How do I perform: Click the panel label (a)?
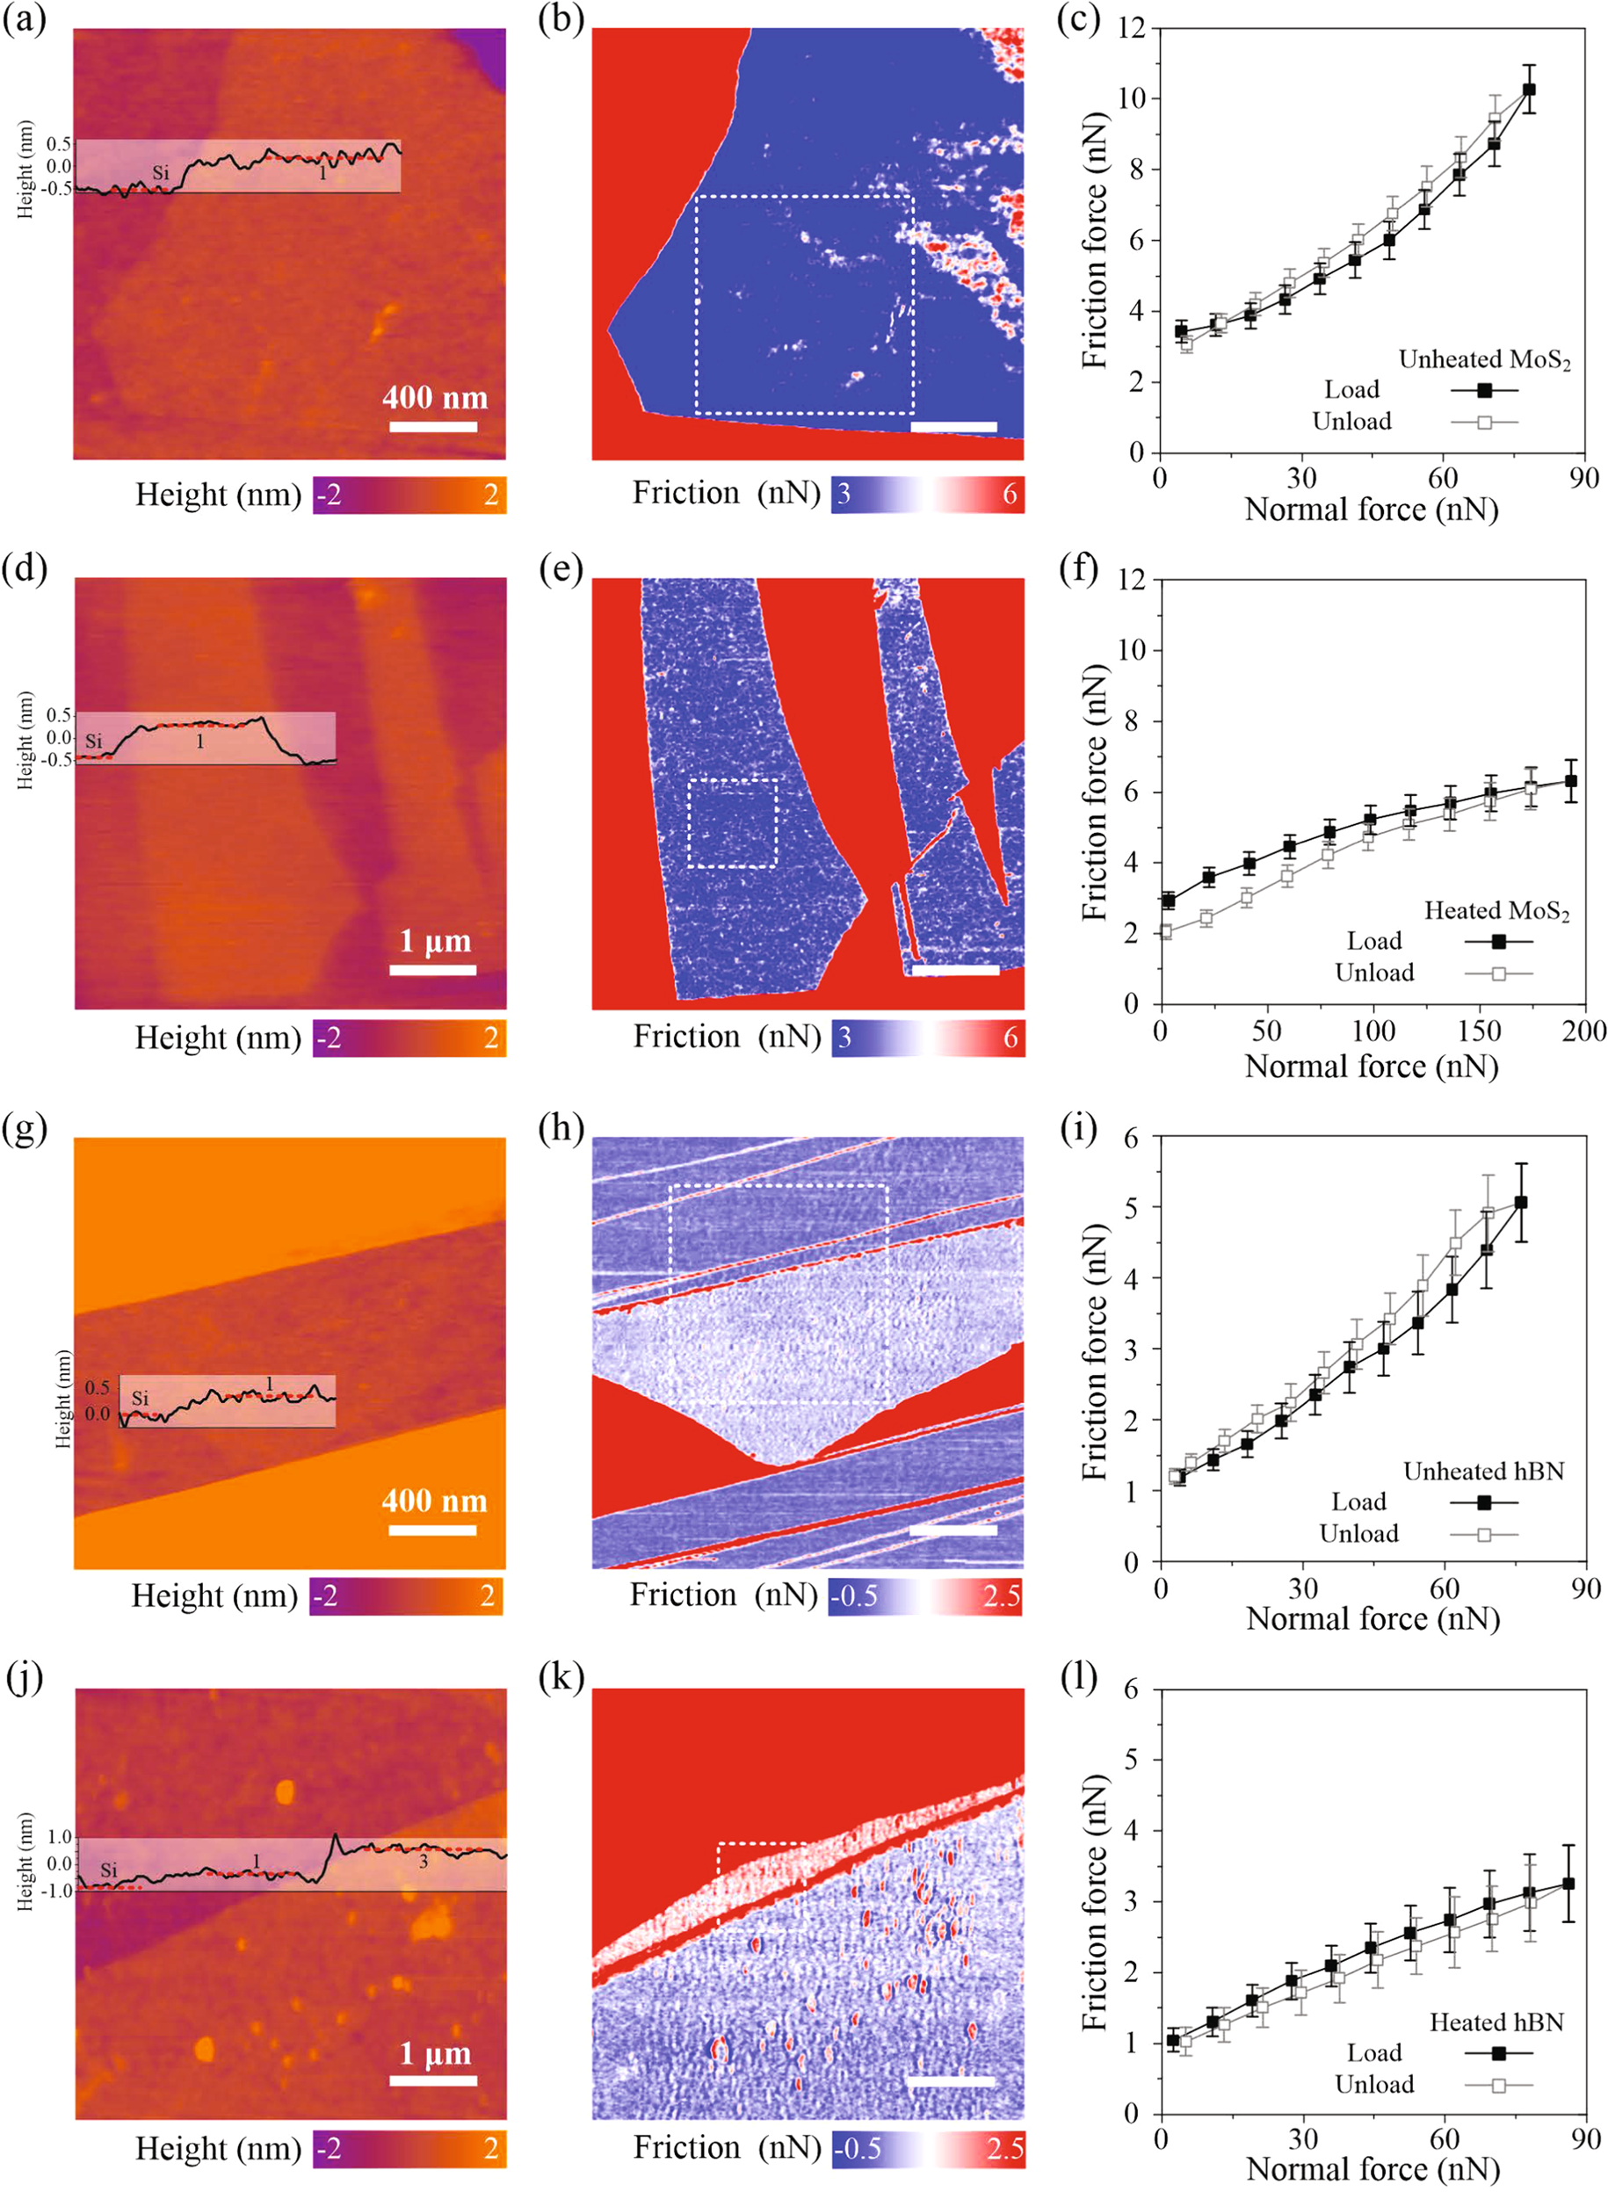(25, 20)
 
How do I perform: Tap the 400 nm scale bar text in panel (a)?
(434, 397)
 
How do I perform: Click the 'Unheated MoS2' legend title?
(1483, 359)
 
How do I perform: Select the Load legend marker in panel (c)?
(1484, 390)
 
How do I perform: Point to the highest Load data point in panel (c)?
(1528, 90)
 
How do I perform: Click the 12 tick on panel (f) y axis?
(1131, 580)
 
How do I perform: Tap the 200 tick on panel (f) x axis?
(1583, 1031)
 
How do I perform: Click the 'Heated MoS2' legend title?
(1496, 910)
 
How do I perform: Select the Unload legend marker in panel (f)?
(1499, 973)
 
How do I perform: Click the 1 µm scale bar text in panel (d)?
(435, 941)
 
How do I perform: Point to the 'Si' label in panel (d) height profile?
(93, 742)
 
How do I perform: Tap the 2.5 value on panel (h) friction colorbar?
(1001, 1596)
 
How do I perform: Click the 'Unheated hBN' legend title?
(1483, 1471)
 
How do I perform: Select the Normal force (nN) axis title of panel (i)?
(1373, 1618)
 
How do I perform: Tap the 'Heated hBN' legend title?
(1496, 2022)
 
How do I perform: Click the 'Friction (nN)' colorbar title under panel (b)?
(726, 493)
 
